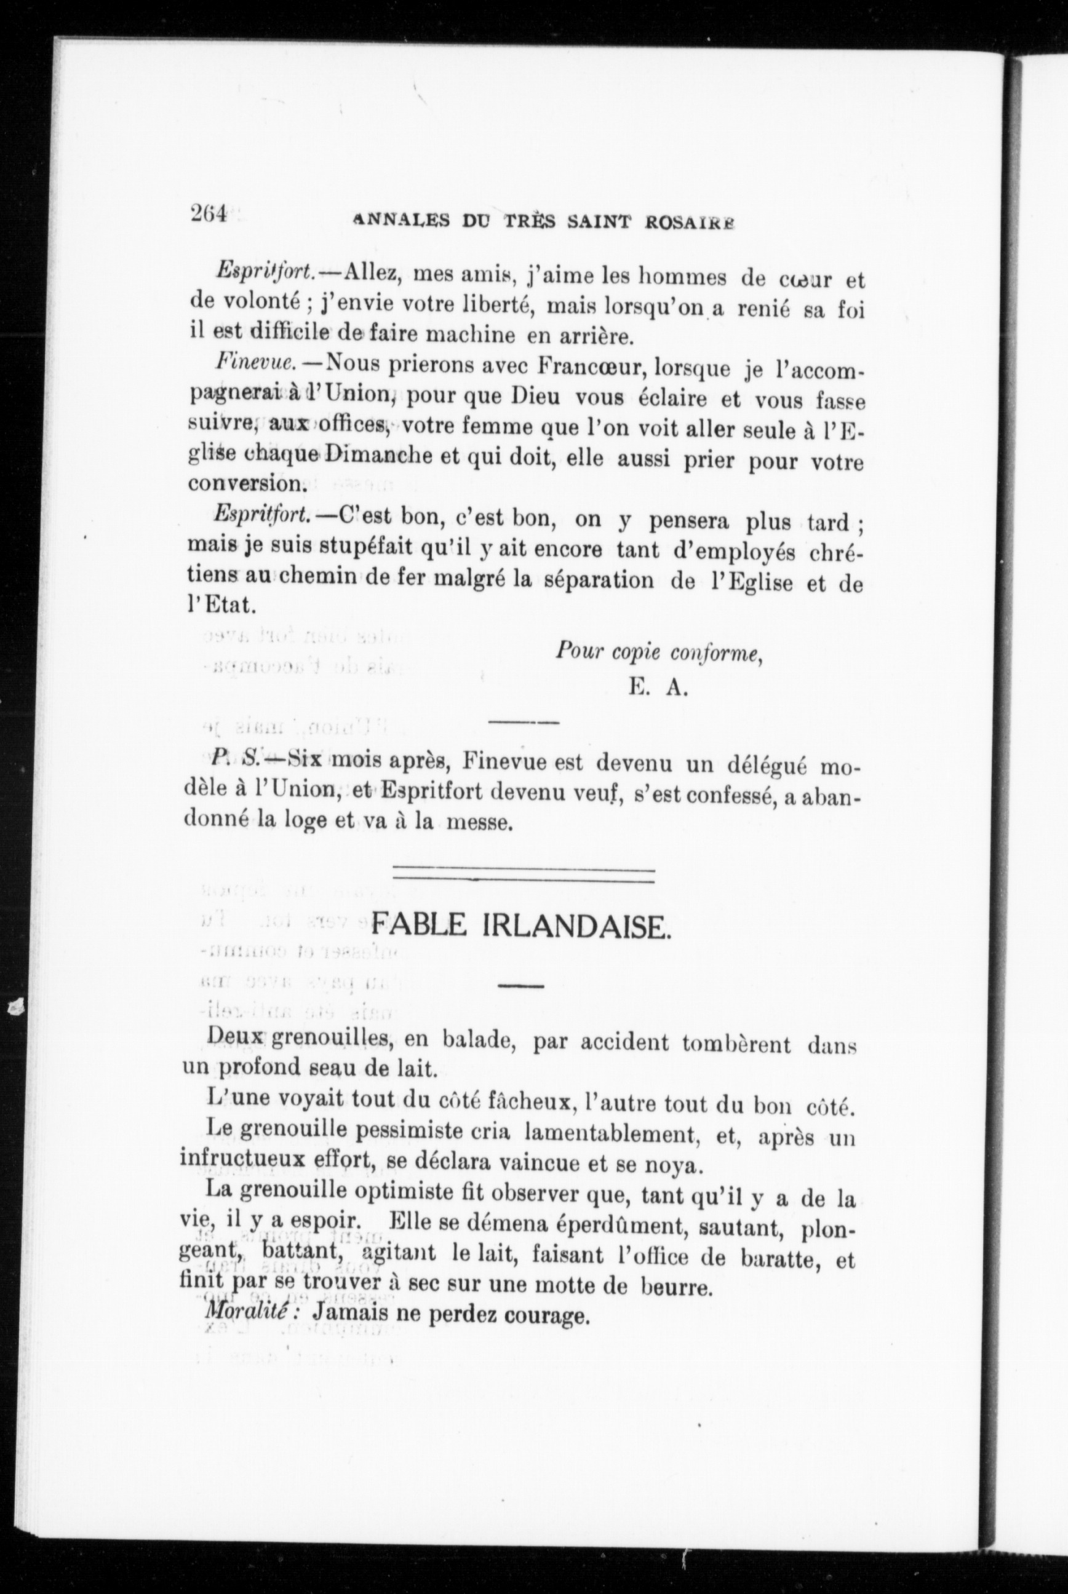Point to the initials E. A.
pyautogui.click(x=659, y=687)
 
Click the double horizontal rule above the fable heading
pyautogui.click(x=524, y=875)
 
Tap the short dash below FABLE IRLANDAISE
pyautogui.click(x=521, y=986)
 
